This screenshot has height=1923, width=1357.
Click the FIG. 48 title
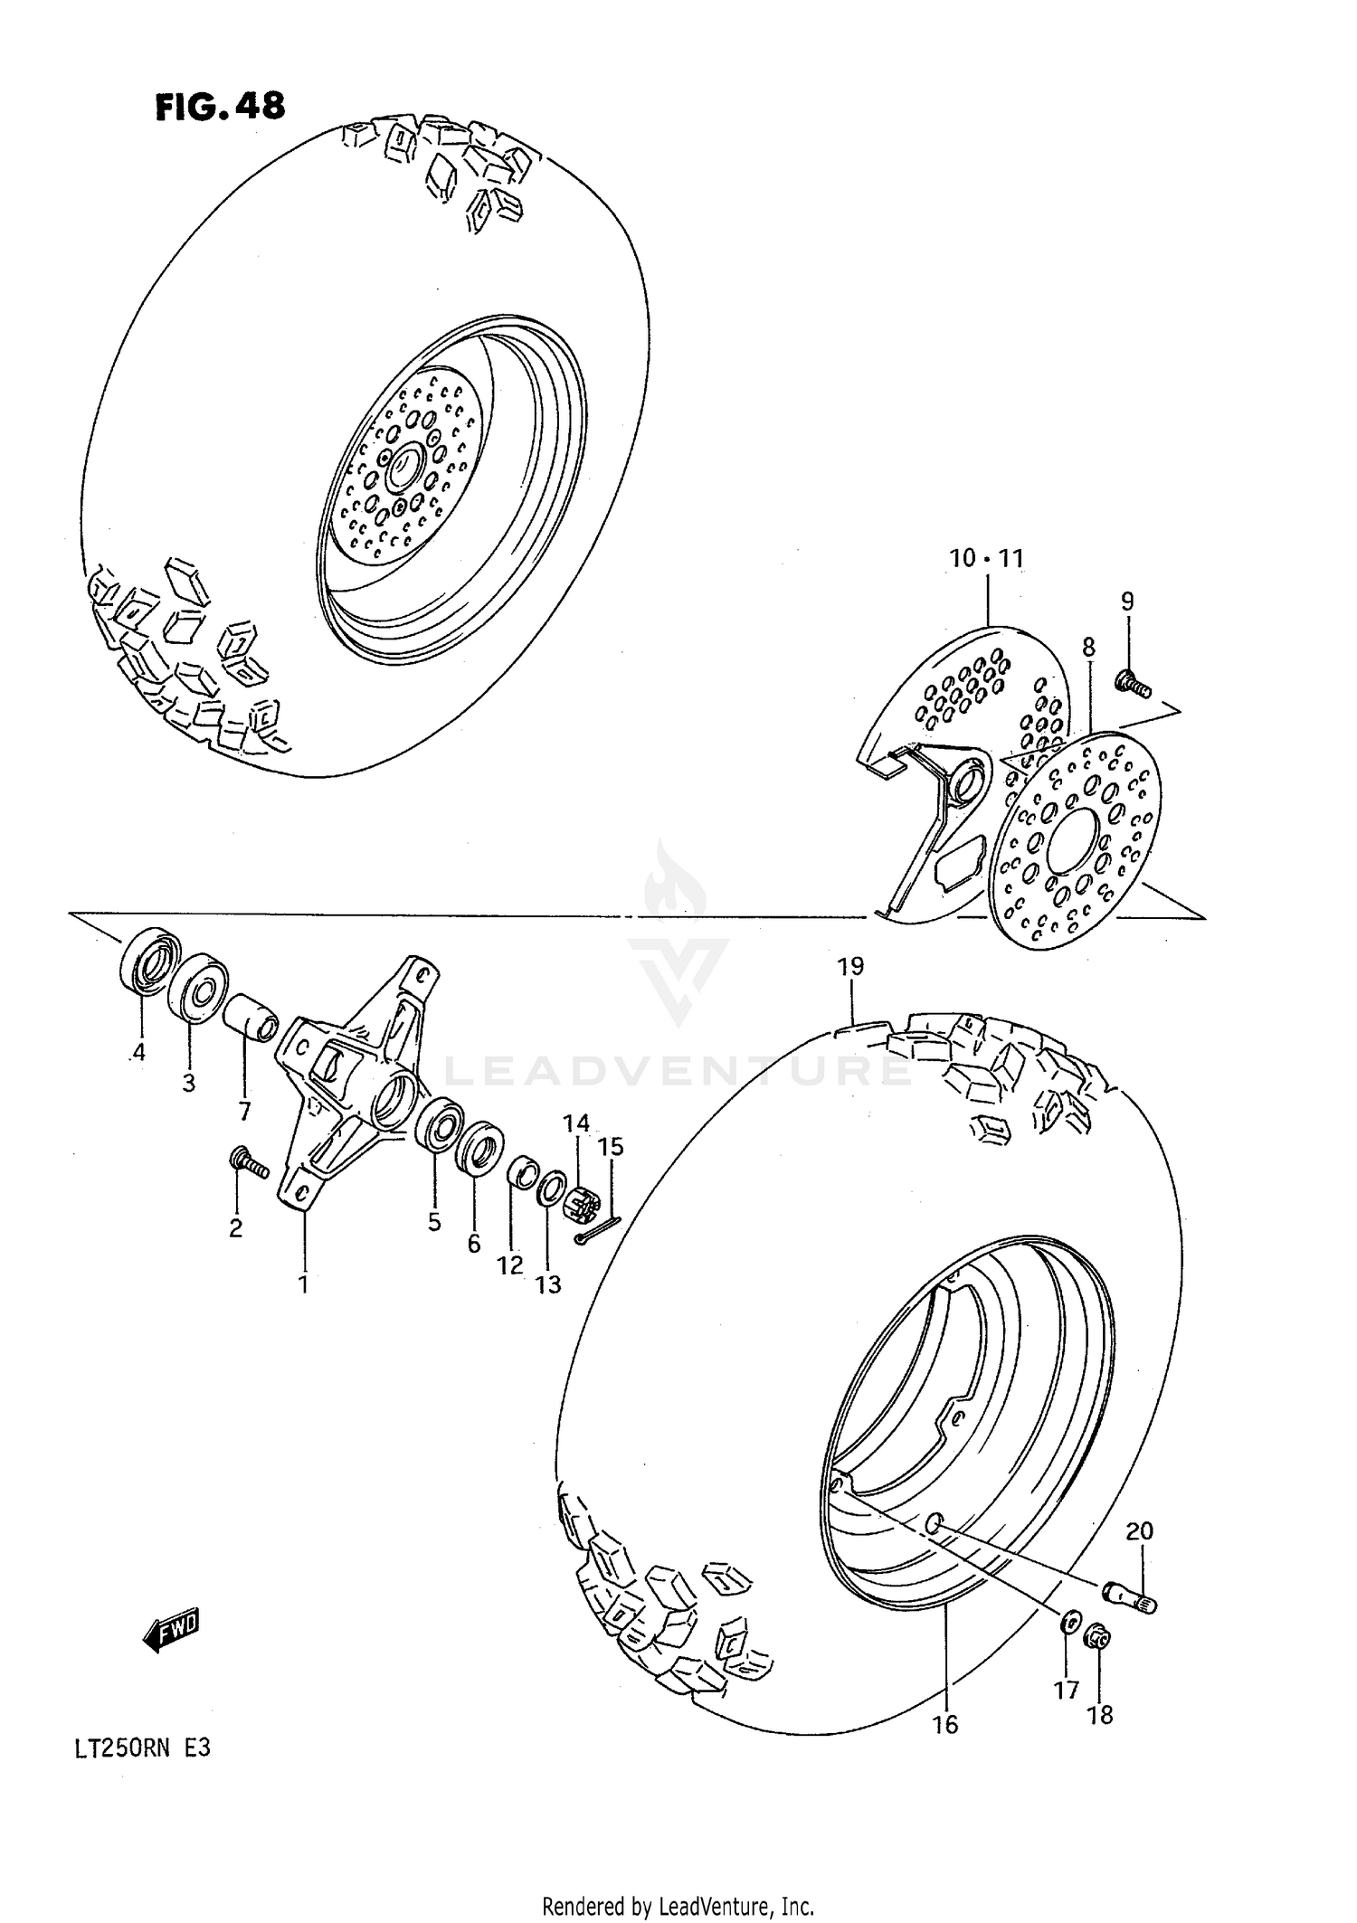tap(220, 107)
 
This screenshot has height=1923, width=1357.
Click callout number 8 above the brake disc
tap(1088, 647)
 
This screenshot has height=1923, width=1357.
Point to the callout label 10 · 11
tap(986, 559)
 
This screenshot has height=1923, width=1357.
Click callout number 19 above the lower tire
tap(850, 966)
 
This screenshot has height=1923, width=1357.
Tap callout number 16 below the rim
tap(944, 1724)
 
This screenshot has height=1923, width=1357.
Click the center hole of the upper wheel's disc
tap(402, 469)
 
